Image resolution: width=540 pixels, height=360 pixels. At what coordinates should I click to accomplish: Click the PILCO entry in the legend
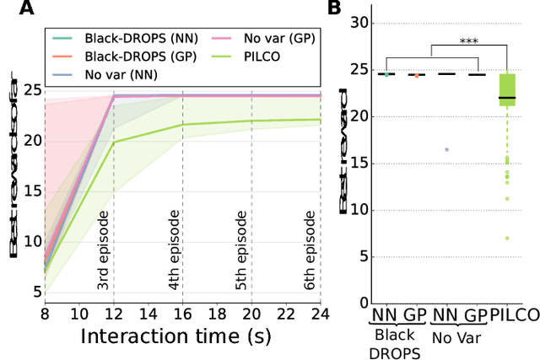233,56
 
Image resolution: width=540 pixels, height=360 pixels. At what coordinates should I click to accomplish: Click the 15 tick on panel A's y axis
30,191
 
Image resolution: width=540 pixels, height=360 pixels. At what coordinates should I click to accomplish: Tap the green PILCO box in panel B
507,89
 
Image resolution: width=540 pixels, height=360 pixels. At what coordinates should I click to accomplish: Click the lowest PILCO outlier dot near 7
507,238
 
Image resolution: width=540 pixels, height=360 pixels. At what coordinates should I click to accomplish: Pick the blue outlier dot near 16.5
446,149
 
